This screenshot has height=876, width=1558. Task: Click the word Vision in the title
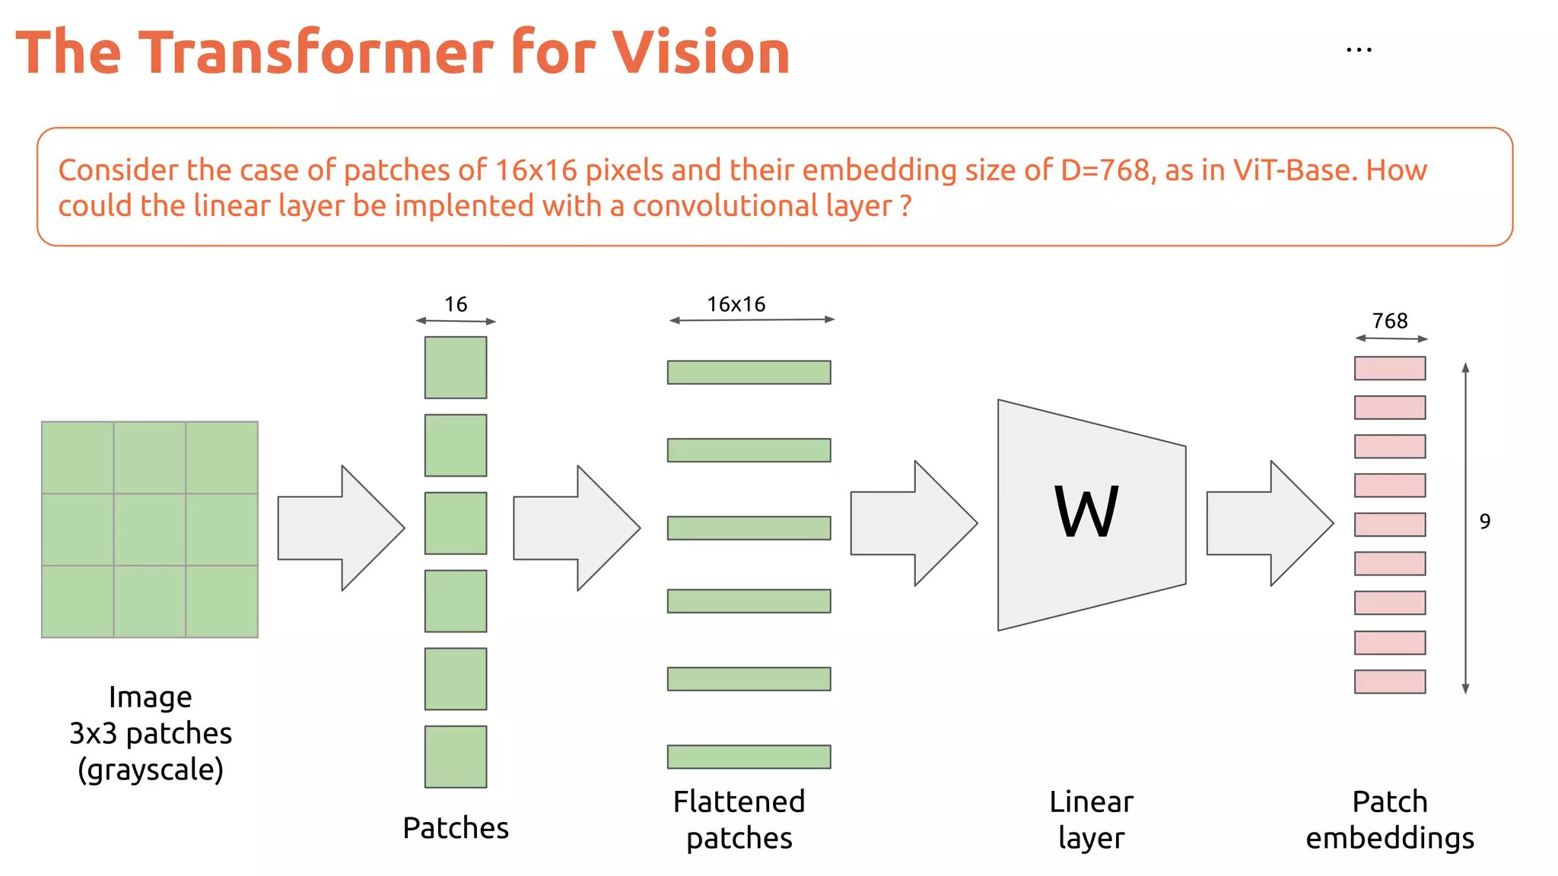701,52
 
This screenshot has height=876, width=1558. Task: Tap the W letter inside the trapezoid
1086,511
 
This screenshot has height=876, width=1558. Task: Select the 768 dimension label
1390,321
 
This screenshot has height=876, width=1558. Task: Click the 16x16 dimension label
736,304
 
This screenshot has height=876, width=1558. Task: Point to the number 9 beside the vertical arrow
1484,522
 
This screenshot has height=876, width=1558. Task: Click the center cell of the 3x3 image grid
150,529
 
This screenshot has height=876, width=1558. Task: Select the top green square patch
456,367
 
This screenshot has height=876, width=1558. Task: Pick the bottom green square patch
456,757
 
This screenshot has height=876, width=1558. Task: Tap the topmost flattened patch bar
749,373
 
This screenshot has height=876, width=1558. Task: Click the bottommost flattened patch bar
749,757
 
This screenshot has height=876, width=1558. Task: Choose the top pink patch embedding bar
1390,368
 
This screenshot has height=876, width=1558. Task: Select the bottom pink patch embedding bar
1390,681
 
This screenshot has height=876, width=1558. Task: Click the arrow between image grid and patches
341,528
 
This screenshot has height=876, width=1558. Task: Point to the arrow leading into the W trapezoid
913,523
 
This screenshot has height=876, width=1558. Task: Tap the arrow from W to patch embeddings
1269,523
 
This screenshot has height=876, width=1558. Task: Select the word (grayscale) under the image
151,770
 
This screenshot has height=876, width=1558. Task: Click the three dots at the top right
1359,51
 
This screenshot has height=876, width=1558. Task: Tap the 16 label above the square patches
456,304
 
